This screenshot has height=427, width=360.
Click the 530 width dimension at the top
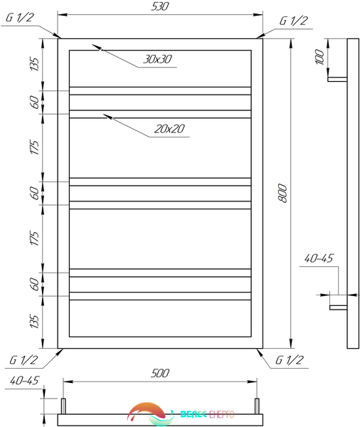160,6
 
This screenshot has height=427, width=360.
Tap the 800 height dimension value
282,194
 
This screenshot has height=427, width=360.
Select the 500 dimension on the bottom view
160,373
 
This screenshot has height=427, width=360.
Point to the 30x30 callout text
158,59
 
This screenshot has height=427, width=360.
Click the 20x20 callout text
169,129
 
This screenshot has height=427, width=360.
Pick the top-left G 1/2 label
20,18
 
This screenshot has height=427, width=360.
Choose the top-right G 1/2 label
294,21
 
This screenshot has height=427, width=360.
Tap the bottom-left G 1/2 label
23,360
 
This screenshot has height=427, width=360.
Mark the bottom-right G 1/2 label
289,360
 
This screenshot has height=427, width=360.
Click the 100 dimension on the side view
320,57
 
